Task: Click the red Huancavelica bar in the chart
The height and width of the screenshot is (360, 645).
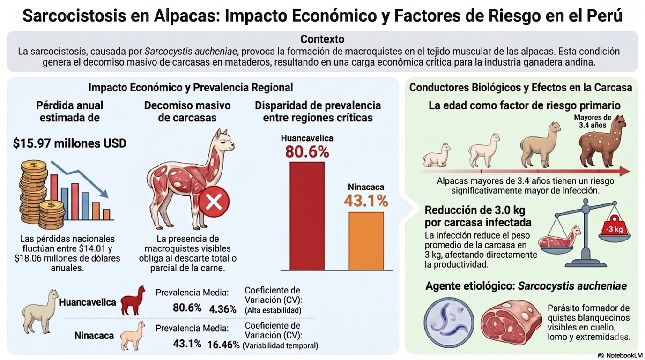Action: pos(307,216)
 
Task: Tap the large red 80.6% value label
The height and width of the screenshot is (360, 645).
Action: pos(307,152)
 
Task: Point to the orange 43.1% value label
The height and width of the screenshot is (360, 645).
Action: pos(366,201)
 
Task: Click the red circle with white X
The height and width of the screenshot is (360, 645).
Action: pos(214,202)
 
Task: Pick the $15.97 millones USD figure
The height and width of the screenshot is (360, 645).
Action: pos(70,143)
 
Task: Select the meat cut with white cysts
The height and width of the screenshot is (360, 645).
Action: pos(510,322)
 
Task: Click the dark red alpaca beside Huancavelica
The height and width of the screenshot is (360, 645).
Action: pos(133,300)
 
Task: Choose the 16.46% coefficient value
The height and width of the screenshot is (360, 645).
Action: pos(223,345)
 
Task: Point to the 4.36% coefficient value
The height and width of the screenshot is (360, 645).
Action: pos(223,309)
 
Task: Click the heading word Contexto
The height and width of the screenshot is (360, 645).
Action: pos(322,39)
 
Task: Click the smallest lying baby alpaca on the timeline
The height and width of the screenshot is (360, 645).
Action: pos(437,156)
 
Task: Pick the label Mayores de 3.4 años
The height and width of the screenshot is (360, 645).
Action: pos(593,121)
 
